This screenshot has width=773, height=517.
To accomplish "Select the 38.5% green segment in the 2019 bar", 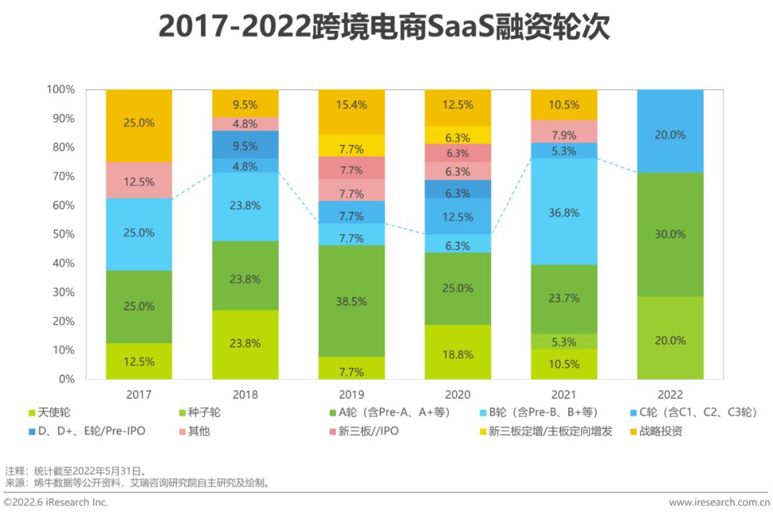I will (x=351, y=301).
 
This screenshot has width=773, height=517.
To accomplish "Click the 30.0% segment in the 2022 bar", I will (x=670, y=234).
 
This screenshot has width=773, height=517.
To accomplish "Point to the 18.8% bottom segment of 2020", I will (x=458, y=352).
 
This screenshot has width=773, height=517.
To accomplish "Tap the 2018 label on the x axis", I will (x=245, y=395).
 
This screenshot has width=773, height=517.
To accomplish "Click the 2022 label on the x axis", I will (x=670, y=395).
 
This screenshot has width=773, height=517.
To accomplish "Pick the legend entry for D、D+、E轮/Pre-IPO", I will (x=92, y=432).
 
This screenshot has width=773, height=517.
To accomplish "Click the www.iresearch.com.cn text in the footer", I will (x=719, y=503).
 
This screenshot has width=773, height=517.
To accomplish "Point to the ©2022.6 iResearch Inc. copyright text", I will (x=57, y=503).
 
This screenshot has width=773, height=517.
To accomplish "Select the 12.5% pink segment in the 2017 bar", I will (x=139, y=180).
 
